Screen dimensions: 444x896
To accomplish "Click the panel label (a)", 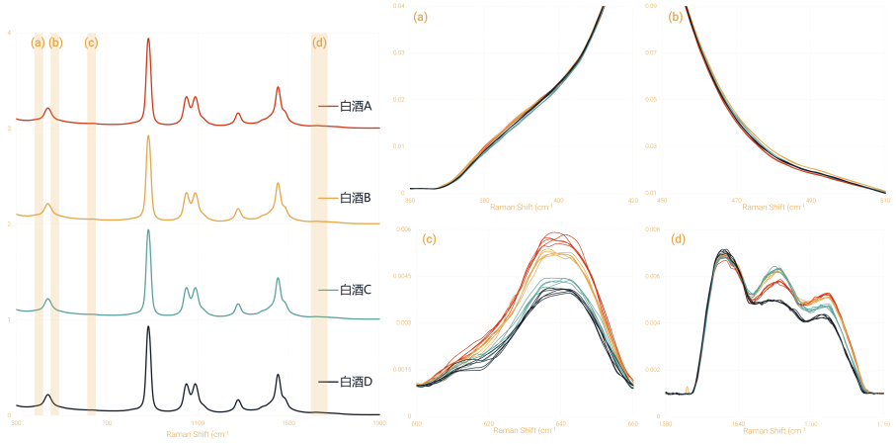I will (x=421, y=16).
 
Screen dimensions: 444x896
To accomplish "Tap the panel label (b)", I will (x=675, y=16).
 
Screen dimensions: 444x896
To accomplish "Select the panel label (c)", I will (x=429, y=238).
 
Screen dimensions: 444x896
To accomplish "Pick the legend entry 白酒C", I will (x=355, y=290).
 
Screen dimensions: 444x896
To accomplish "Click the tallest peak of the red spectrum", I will (x=148, y=42).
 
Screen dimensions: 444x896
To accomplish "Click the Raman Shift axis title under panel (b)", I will (x=772, y=208).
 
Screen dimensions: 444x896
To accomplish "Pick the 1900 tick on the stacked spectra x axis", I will (x=378, y=423).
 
